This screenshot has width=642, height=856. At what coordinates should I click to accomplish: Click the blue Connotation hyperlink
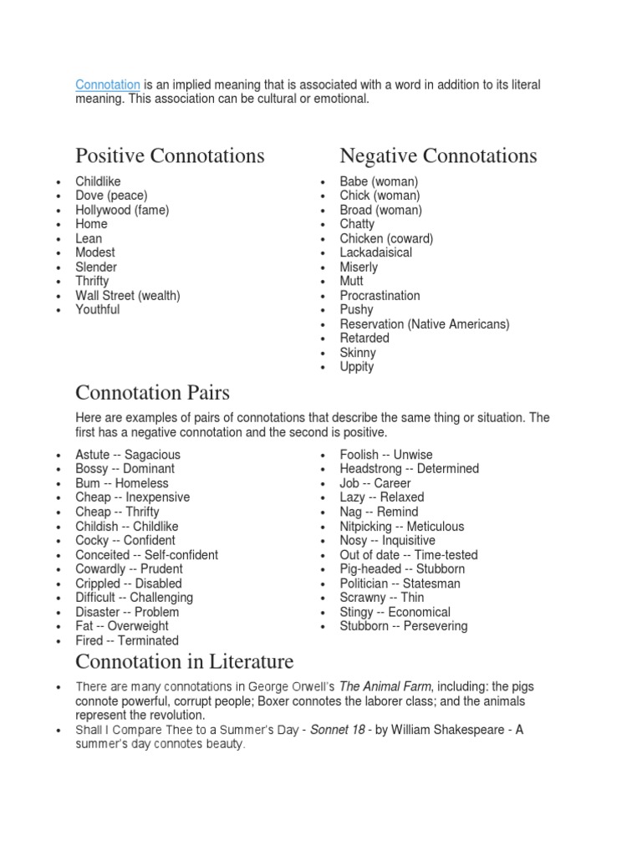coord(108,85)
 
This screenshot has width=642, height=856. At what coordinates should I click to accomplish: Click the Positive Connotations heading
coord(170,155)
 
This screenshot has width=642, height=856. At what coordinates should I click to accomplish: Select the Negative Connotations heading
coord(438,155)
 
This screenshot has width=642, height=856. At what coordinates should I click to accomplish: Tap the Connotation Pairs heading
coord(152,392)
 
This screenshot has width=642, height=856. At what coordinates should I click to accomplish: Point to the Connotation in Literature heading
coord(185,662)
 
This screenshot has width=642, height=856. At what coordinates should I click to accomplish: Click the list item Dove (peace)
coord(111,196)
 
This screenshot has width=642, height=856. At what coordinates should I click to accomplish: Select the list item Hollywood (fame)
coord(122,210)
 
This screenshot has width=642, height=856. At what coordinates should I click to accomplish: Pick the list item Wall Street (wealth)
coord(127,295)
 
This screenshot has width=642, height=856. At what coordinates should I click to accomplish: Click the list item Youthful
coord(97,309)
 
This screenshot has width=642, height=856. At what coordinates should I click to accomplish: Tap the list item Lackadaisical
coord(375,252)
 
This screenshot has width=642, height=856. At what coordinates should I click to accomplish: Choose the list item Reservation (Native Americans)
coord(424,324)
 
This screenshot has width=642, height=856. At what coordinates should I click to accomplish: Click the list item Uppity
coord(357,366)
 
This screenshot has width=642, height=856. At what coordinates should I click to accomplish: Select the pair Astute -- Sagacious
coord(128,455)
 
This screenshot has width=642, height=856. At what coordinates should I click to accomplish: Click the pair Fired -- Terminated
coord(127,640)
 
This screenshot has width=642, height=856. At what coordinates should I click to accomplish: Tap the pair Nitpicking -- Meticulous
coord(401,527)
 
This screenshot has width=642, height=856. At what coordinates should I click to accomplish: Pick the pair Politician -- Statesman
coord(400,583)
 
